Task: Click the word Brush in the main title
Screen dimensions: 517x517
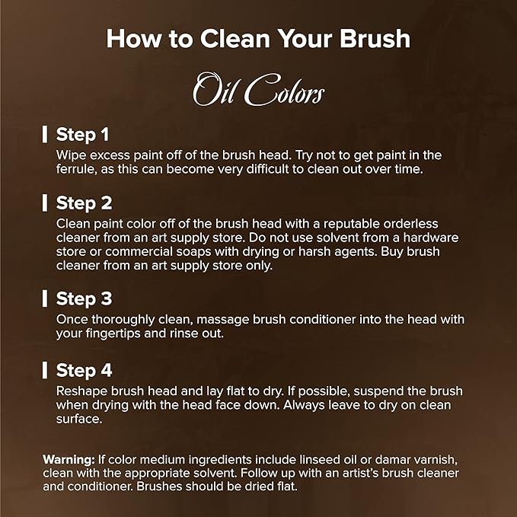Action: pyautogui.click(x=375, y=39)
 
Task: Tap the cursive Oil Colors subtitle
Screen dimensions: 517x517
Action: pyautogui.click(x=259, y=90)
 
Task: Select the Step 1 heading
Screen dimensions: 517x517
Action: pyautogui.click(x=82, y=135)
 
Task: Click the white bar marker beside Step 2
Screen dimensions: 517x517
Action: pyautogui.click(x=45, y=203)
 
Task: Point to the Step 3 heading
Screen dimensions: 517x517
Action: pyautogui.click(x=84, y=298)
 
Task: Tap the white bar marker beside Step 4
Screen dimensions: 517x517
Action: pyautogui.click(x=45, y=370)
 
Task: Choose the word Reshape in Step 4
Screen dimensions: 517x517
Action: pyautogui.click(x=81, y=391)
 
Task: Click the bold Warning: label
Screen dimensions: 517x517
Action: pyautogui.click(x=69, y=459)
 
